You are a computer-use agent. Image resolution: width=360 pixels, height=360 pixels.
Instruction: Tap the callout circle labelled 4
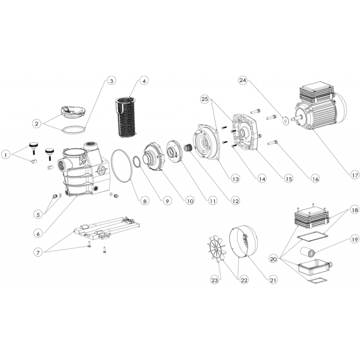[x=144, y=81]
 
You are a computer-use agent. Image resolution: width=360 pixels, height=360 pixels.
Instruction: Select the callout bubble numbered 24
[x=243, y=81]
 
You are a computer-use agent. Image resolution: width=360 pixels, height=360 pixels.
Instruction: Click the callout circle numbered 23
[x=215, y=280]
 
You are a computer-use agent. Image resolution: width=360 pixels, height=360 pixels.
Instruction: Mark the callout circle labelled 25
[x=205, y=99]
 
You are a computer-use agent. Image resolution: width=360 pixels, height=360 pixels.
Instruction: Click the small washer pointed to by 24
[x=284, y=120]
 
